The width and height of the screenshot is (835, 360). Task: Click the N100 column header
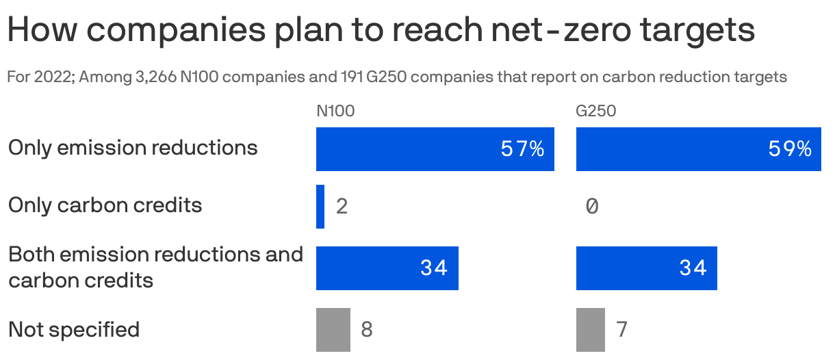tap(335, 111)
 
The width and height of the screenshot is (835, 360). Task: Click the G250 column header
tap(596, 111)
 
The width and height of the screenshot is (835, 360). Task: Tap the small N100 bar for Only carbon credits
tap(320, 206)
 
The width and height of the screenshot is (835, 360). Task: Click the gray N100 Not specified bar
tap(333, 329)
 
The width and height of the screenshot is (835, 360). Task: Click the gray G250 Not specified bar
tap(590, 329)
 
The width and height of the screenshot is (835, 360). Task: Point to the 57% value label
tap(522, 149)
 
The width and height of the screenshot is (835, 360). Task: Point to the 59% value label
tap(789, 149)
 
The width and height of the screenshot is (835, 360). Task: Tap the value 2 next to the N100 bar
tap(342, 206)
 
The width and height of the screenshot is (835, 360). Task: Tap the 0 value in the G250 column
tap(592, 206)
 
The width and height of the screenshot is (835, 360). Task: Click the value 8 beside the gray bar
tap(367, 330)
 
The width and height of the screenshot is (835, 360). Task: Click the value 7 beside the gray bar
tap(621, 330)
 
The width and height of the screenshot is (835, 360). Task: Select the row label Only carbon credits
tap(105, 205)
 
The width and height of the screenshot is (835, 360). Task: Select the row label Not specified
tap(74, 329)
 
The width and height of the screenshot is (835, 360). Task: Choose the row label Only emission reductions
tap(133, 148)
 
